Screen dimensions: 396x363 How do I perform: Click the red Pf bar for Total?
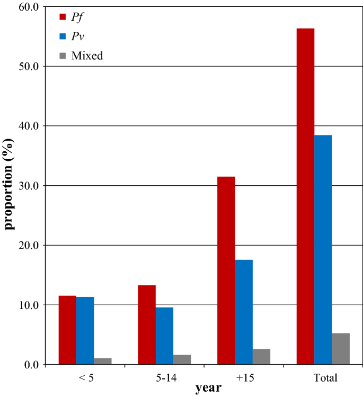(x=305, y=196)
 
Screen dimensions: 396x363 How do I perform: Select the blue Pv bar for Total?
(x=323, y=250)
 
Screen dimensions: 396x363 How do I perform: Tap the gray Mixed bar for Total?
(x=341, y=349)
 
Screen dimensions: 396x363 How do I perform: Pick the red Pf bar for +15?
(x=226, y=271)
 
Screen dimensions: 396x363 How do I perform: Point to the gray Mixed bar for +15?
(x=261, y=357)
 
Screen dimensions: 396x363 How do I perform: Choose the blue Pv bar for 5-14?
(x=164, y=336)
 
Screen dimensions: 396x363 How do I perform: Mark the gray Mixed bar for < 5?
(x=102, y=361)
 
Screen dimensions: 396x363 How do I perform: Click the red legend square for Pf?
(x=62, y=16)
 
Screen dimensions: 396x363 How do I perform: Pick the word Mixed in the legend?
(x=88, y=55)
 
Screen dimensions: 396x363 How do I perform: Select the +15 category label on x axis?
(x=245, y=378)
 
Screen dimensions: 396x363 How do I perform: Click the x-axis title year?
(x=208, y=389)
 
